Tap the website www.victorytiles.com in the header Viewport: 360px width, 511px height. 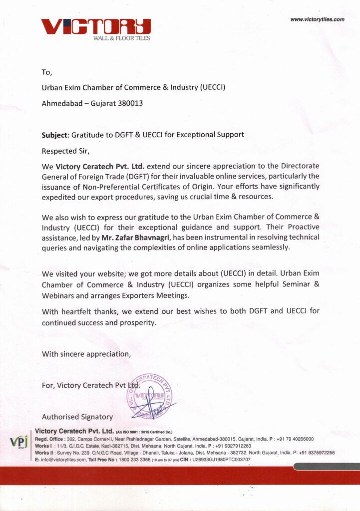[317, 19]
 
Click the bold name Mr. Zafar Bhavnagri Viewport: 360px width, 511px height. [135, 237]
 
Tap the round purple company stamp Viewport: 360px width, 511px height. [148, 396]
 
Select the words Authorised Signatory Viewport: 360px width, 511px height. [77, 417]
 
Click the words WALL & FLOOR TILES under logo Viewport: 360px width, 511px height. [121, 38]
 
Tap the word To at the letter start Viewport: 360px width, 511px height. [47, 72]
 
